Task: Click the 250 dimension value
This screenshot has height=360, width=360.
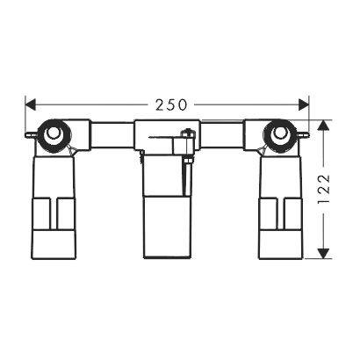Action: (171, 104)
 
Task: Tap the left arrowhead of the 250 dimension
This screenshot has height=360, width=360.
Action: (31, 104)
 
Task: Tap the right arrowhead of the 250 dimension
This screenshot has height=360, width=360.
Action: (304, 104)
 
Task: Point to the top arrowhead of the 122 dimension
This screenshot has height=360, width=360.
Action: (323, 125)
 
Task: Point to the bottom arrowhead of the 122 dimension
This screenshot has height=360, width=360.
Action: (323, 253)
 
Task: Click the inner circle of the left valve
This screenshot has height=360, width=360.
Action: (53, 133)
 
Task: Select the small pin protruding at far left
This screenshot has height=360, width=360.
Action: (31, 135)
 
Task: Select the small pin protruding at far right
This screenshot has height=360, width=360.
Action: (304, 134)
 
